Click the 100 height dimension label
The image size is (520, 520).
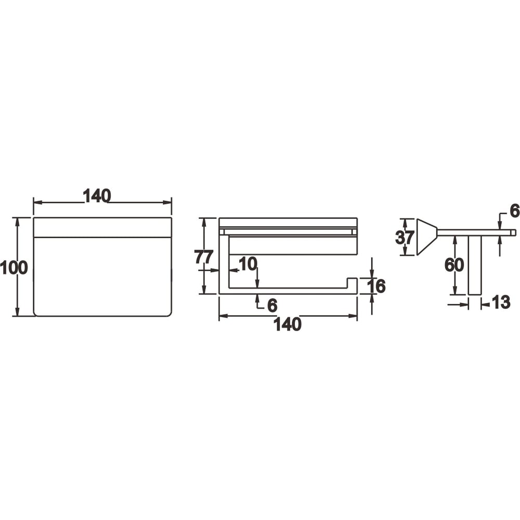[x=14, y=268]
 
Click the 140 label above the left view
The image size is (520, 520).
[x=97, y=196]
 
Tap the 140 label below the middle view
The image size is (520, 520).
[x=287, y=324]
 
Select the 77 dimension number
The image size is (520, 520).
[x=203, y=257]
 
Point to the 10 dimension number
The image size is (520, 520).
[x=248, y=264]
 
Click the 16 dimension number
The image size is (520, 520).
[x=376, y=286]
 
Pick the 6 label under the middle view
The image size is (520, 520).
[x=272, y=305]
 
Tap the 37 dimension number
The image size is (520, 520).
[x=405, y=238]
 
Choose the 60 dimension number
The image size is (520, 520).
[x=454, y=265]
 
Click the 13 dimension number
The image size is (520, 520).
[x=501, y=302]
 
